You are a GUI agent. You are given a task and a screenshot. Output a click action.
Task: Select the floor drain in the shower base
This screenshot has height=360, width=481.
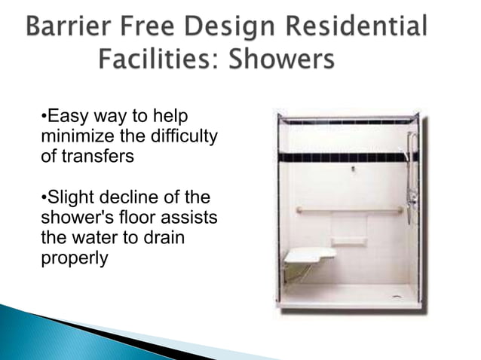(x=397, y=296)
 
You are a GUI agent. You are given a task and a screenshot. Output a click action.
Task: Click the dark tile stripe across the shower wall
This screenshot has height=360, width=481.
(x=347, y=157)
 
